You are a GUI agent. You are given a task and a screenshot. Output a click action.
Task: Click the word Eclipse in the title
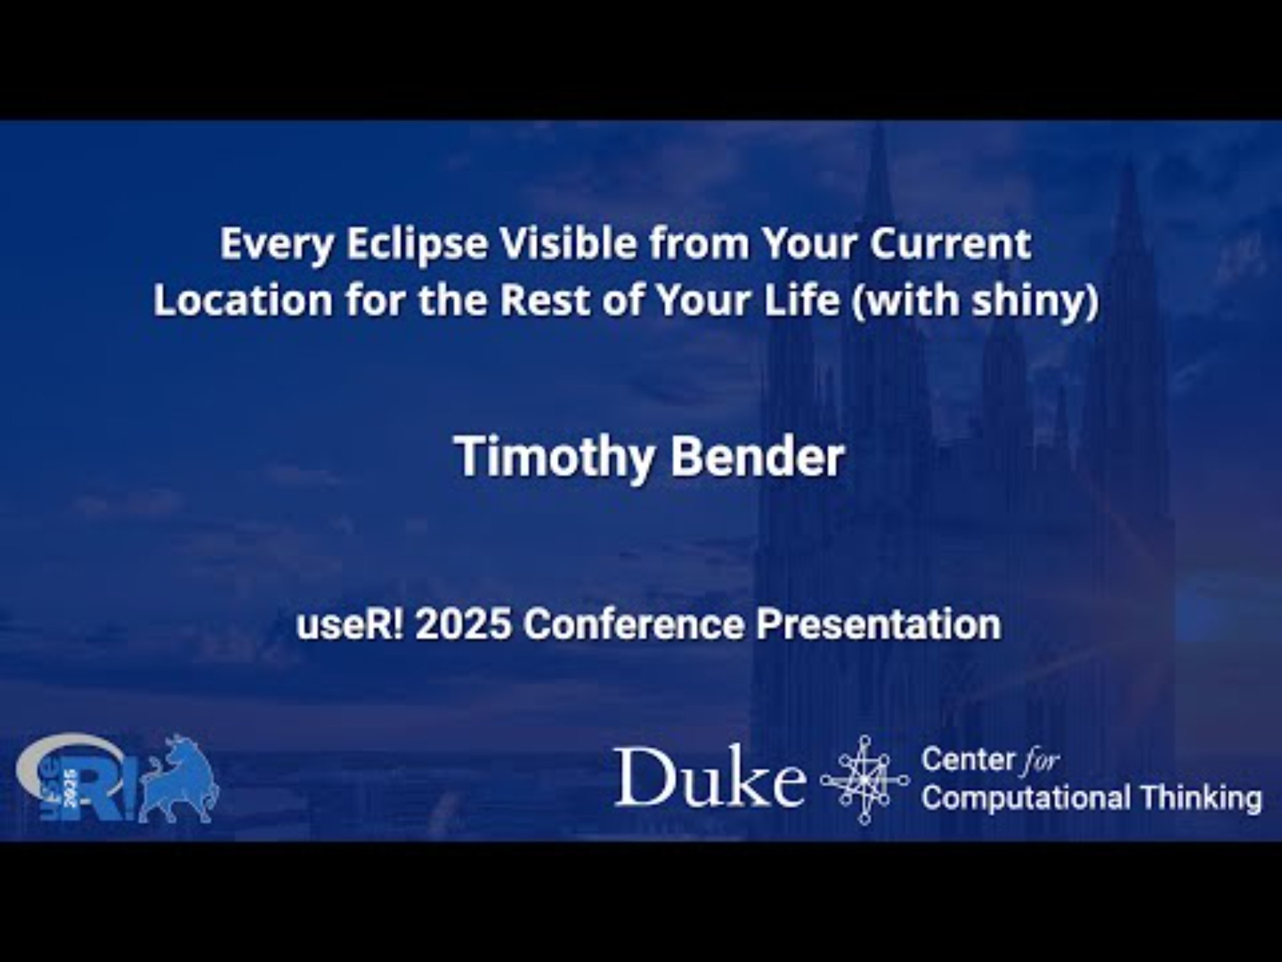click(417, 245)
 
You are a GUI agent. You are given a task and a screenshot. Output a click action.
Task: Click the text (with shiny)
click(974, 301)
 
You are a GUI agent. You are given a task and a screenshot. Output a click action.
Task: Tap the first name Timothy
click(555, 458)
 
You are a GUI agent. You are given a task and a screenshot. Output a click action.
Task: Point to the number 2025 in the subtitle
click(463, 623)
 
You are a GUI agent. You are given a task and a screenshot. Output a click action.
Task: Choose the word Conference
click(633, 623)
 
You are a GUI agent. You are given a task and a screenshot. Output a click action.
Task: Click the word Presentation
click(878, 623)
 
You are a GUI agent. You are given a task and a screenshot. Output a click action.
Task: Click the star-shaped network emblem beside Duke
click(864, 780)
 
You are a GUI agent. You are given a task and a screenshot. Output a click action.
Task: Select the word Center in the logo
click(966, 760)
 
